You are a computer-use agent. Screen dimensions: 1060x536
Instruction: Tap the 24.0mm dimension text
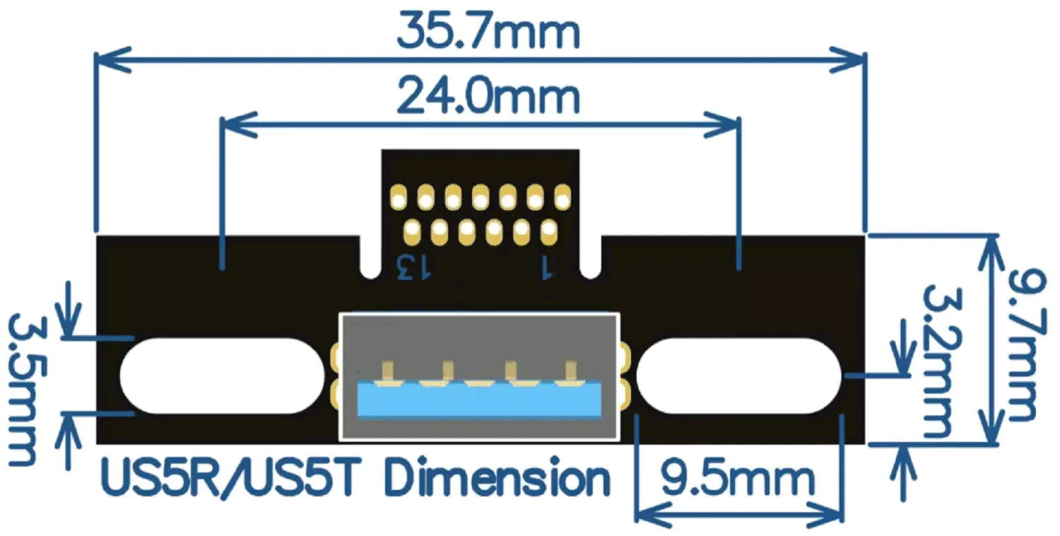pyautogui.click(x=488, y=98)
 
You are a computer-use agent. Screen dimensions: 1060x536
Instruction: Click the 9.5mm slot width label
pyautogui.click(x=738, y=480)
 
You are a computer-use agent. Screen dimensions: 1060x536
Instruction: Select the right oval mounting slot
pyautogui.click(x=738, y=375)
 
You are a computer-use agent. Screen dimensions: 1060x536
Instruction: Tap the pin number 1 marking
pyautogui.click(x=546, y=268)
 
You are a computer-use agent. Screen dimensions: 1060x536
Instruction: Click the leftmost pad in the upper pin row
pyautogui.click(x=399, y=197)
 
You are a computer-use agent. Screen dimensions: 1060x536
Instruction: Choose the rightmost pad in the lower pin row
pyautogui.click(x=548, y=231)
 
